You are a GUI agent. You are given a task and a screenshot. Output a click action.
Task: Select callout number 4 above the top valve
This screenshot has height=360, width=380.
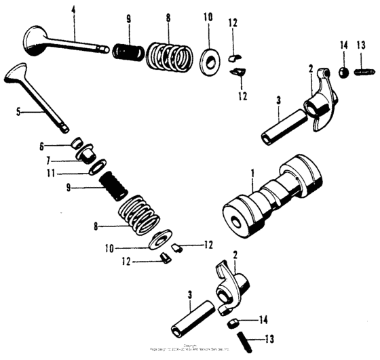(74, 10)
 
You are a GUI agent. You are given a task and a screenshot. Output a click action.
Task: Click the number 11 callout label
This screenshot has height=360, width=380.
(70, 173)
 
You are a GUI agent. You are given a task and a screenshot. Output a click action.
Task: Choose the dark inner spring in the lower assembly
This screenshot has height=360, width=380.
(114, 185)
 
